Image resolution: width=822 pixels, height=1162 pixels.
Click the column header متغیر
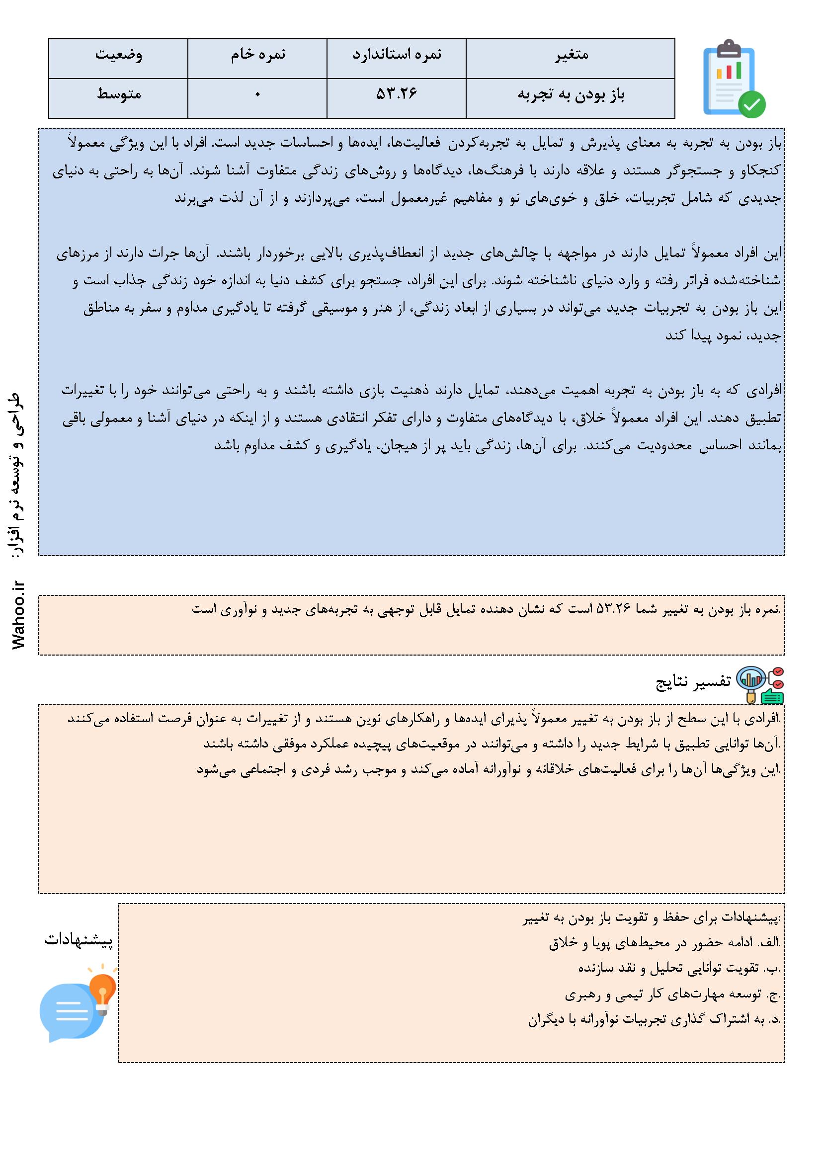(571, 55)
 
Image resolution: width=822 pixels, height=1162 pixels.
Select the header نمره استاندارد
(397, 55)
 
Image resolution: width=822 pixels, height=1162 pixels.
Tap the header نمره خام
(257, 55)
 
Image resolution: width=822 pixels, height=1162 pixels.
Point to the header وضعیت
(118, 55)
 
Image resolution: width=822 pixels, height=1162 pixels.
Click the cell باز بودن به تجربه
(571, 95)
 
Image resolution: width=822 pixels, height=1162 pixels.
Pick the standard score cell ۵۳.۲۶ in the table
(397, 94)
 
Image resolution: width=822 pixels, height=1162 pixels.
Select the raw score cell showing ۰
(257, 95)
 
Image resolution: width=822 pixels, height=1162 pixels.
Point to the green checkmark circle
(751, 105)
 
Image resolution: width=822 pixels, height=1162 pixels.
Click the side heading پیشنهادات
(79, 940)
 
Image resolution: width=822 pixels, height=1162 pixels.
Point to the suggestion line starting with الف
(664, 943)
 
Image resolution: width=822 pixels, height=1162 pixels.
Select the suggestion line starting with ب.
(678, 969)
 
